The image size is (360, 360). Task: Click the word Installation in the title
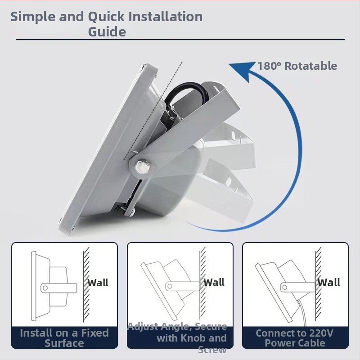pos(165,17)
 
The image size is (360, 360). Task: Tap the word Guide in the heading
pos(107,31)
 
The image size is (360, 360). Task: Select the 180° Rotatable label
pos(297,66)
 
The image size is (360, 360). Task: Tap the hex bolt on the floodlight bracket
pos(142,166)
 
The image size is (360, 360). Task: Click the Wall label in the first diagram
pos(98,283)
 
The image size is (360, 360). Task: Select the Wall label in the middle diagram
pos(214,282)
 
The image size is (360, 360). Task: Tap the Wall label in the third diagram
pos(329,283)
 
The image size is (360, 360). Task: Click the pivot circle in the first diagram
pos(45,288)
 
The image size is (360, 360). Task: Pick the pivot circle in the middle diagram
pos(170,286)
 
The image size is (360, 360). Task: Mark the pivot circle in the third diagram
pos(285,287)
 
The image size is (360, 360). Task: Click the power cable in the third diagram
pos(303,313)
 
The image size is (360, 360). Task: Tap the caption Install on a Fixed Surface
pos(64,338)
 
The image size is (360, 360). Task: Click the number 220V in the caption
pos(321,333)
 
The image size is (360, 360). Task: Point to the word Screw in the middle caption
pos(212,350)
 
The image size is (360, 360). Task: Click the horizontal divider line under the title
pos(180,40)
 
